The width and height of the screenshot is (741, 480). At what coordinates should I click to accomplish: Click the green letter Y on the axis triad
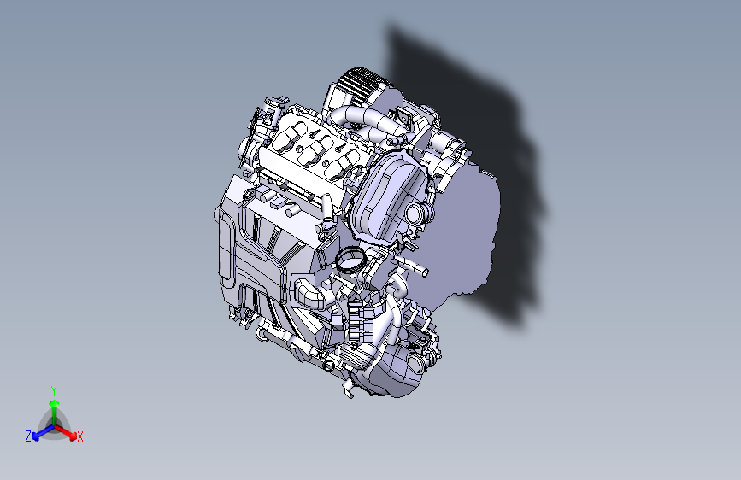tap(53, 390)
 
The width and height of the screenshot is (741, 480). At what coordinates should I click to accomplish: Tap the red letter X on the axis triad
tap(80, 437)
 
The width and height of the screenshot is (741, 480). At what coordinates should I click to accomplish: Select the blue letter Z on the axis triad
tap(28, 436)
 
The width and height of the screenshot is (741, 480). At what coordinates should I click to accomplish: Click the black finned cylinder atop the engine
tap(360, 86)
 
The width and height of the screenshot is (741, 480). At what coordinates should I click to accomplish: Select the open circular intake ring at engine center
tap(349, 259)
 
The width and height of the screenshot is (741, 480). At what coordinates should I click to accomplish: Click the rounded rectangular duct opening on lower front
tap(308, 293)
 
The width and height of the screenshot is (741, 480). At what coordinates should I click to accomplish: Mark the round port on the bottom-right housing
tap(418, 365)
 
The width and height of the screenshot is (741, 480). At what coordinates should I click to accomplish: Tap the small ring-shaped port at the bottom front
tap(326, 366)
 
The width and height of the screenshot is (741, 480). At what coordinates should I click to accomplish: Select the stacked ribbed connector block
tap(356, 320)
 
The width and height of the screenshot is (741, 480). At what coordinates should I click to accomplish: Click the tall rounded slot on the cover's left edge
tap(225, 248)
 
